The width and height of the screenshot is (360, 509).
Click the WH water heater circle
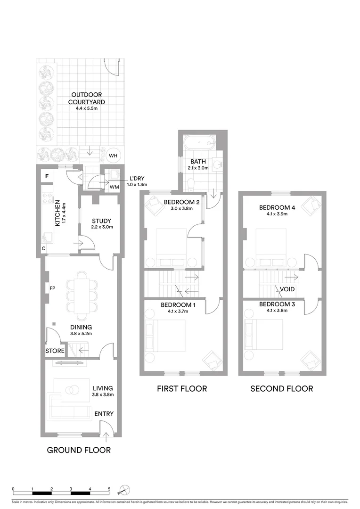[x=113, y=156]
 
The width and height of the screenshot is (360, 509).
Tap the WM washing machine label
[x=114, y=187]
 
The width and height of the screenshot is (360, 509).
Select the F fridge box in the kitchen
[x=47, y=177]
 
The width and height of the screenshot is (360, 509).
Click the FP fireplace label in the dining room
[x=52, y=287]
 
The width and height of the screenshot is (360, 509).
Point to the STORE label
[x=55, y=351]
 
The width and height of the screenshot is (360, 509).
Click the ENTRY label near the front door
[x=104, y=414]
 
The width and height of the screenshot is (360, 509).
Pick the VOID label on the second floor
[x=287, y=289]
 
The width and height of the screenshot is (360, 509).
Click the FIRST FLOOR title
[x=182, y=389]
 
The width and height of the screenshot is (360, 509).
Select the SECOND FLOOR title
[x=281, y=389]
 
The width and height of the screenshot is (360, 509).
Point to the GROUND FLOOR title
[x=79, y=450]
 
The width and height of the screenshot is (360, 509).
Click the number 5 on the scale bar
[x=109, y=489]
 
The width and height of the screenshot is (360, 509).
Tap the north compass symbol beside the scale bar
[x=124, y=491]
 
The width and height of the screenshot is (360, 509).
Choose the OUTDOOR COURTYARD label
[x=86, y=98]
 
